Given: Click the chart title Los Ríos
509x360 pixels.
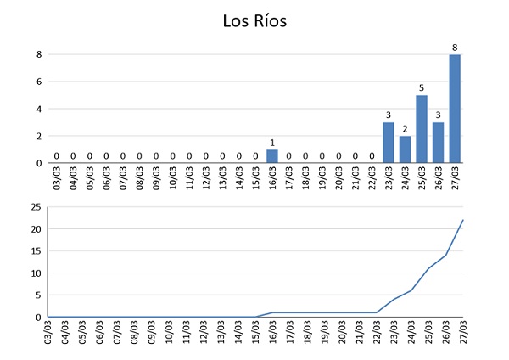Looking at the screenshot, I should [x=255, y=20].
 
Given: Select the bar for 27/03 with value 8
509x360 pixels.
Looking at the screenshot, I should [x=455, y=109].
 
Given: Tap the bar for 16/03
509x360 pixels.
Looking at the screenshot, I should [x=272, y=156].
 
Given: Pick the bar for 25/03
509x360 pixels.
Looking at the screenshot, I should [x=422, y=129].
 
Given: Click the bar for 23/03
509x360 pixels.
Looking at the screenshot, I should [x=389, y=143].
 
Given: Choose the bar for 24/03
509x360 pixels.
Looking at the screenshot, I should [x=405, y=149].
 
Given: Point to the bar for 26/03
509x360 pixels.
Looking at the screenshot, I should [x=439, y=143].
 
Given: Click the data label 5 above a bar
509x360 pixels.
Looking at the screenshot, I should [x=422, y=87].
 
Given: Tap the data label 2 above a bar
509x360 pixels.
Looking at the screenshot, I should [x=405, y=128].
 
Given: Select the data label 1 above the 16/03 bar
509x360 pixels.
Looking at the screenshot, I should [x=272, y=142].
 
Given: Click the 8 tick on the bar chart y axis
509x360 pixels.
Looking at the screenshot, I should [x=38, y=54].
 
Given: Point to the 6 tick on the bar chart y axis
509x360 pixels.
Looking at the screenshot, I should [x=38, y=82].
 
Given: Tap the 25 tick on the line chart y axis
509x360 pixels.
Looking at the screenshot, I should [x=36, y=207].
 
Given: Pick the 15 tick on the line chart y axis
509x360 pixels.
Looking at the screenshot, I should [x=36, y=251].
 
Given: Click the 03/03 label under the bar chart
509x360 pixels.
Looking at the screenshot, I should [x=57, y=179].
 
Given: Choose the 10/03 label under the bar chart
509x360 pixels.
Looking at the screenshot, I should [x=173, y=179].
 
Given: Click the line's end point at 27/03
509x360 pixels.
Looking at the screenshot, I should [x=463, y=221].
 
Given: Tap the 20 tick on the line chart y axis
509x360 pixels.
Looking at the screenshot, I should [x=36, y=229].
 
